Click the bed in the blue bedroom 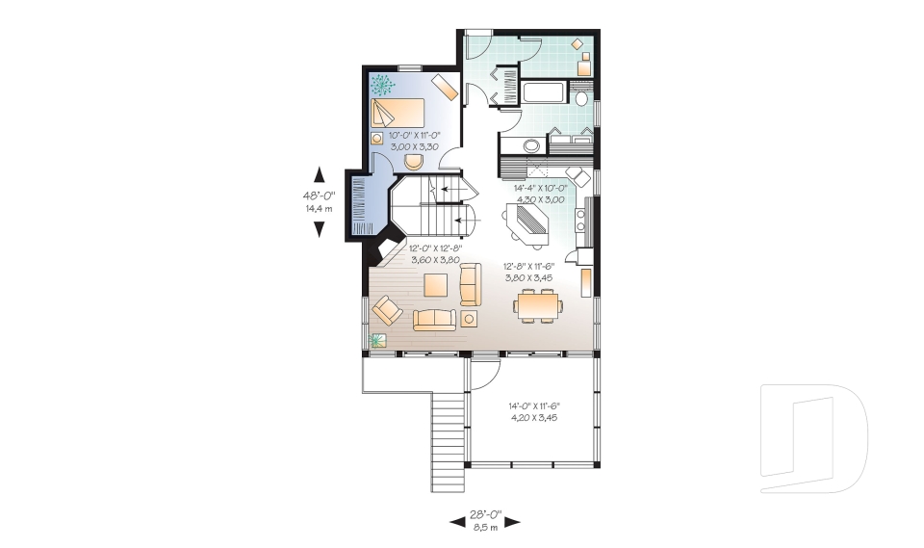tap(398, 112)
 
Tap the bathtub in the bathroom tap(543, 93)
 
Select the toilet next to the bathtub tap(581, 95)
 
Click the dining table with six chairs tap(538, 306)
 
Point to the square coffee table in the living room tap(435, 285)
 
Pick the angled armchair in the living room tap(387, 310)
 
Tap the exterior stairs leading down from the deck tap(449, 442)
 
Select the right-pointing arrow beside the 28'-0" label tap(512, 521)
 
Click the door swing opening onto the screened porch tap(485, 374)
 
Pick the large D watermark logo tap(814, 438)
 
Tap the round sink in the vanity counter tap(533, 145)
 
